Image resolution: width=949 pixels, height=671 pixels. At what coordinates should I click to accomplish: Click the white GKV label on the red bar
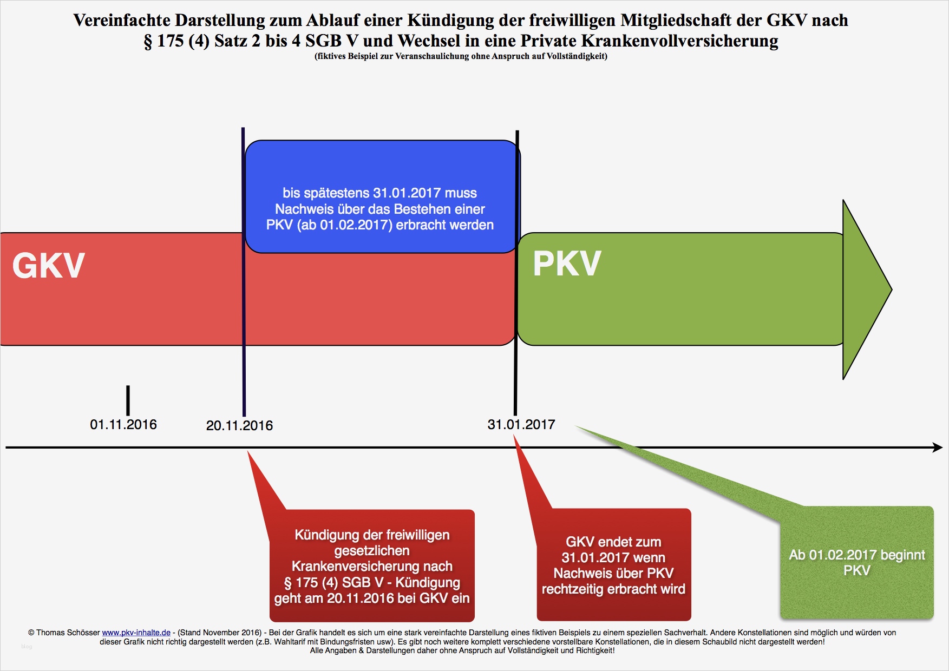tap(49, 265)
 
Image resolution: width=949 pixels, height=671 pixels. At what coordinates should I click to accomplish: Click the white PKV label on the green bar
tap(567, 264)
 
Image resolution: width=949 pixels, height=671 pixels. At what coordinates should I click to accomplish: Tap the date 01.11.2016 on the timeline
tap(123, 425)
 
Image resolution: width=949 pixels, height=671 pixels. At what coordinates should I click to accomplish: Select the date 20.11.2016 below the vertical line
tap(239, 426)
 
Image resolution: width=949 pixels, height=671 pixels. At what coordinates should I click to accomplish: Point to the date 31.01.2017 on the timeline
tap(521, 425)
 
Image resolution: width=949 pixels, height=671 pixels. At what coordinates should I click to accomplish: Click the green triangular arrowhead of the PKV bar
tap(865, 290)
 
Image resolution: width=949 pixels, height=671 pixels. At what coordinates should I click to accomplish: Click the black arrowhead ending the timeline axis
tap(937, 448)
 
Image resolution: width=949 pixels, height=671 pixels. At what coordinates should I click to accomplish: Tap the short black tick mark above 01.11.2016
tap(128, 400)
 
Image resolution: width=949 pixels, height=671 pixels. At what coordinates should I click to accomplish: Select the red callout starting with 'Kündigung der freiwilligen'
tap(372, 566)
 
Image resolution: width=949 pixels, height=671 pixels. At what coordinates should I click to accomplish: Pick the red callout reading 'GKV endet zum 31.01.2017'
tap(613, 565)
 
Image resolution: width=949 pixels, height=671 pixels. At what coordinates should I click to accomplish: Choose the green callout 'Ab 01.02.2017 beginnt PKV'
tap(856, 563)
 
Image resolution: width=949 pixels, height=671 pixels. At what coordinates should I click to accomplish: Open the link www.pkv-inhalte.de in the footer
tap(136, 633)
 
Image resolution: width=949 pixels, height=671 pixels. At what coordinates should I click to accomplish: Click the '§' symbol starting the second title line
tap(148, 42)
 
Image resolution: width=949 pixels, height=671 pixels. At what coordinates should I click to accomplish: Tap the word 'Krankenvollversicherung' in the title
tap(679, 41)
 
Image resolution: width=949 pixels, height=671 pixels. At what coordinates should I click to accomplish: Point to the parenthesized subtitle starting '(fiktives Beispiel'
tap(461, 56)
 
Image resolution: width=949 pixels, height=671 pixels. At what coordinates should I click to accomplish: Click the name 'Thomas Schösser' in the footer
tap(68, 633)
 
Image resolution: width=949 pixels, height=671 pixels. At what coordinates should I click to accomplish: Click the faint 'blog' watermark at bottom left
tap(27, 647)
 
